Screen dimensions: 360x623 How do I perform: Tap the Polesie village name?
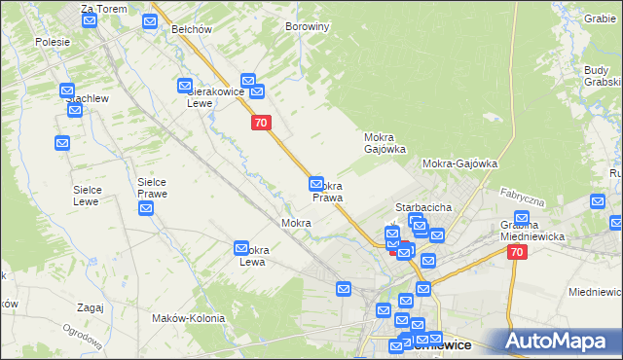53,42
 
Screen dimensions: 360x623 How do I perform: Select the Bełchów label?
192,29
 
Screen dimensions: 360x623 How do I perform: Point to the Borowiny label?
307,27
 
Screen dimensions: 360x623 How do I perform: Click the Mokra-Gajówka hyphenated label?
460,164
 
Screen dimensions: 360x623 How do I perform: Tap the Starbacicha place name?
422,207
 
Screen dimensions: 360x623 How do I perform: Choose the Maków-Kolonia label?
188,318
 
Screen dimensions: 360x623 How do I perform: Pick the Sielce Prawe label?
152,188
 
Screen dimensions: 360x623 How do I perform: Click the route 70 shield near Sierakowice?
260,123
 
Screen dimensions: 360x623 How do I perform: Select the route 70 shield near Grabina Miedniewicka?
517,252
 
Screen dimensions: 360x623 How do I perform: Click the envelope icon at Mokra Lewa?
242,249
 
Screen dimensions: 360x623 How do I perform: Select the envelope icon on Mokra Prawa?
316,183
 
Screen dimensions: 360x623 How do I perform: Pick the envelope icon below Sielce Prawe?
146,208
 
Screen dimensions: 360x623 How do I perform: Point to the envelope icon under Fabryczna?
522,218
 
